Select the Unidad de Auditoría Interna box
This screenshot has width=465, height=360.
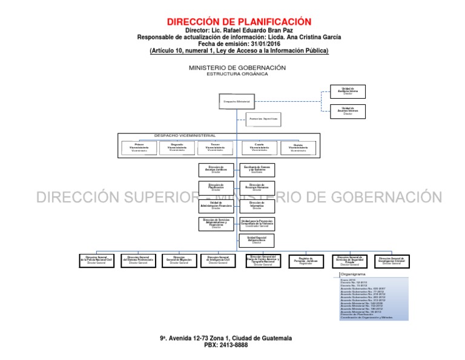point(348,91)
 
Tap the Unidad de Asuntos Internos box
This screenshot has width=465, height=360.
point(348,112)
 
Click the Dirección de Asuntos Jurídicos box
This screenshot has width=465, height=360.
point(216,169)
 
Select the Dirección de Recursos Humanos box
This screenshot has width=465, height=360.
point(256,187)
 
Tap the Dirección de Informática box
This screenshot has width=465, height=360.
point(256,205)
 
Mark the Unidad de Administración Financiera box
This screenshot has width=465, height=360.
point(216,205)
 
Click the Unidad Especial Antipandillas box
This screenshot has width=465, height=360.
point(256,241)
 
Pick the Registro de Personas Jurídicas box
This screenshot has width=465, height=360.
point(305,261)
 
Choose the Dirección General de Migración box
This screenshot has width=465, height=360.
point(179,261)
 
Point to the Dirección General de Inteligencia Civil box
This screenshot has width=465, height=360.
point(219,261)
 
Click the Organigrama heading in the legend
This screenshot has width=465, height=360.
point(354,275)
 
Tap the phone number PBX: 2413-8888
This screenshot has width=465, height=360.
point(226,345)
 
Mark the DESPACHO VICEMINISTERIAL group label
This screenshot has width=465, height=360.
point(185,136)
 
